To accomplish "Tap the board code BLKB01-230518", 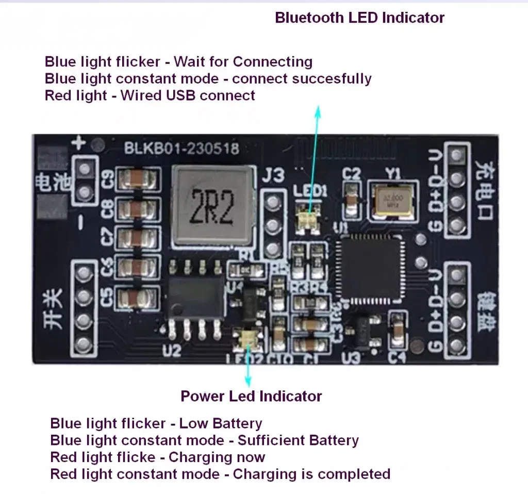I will coord(181,149).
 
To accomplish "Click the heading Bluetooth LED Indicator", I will coord(359,18).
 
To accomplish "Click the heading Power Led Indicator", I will coord(251,396).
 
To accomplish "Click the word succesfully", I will coord(335,79).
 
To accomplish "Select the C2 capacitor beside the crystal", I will coord(352,196).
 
